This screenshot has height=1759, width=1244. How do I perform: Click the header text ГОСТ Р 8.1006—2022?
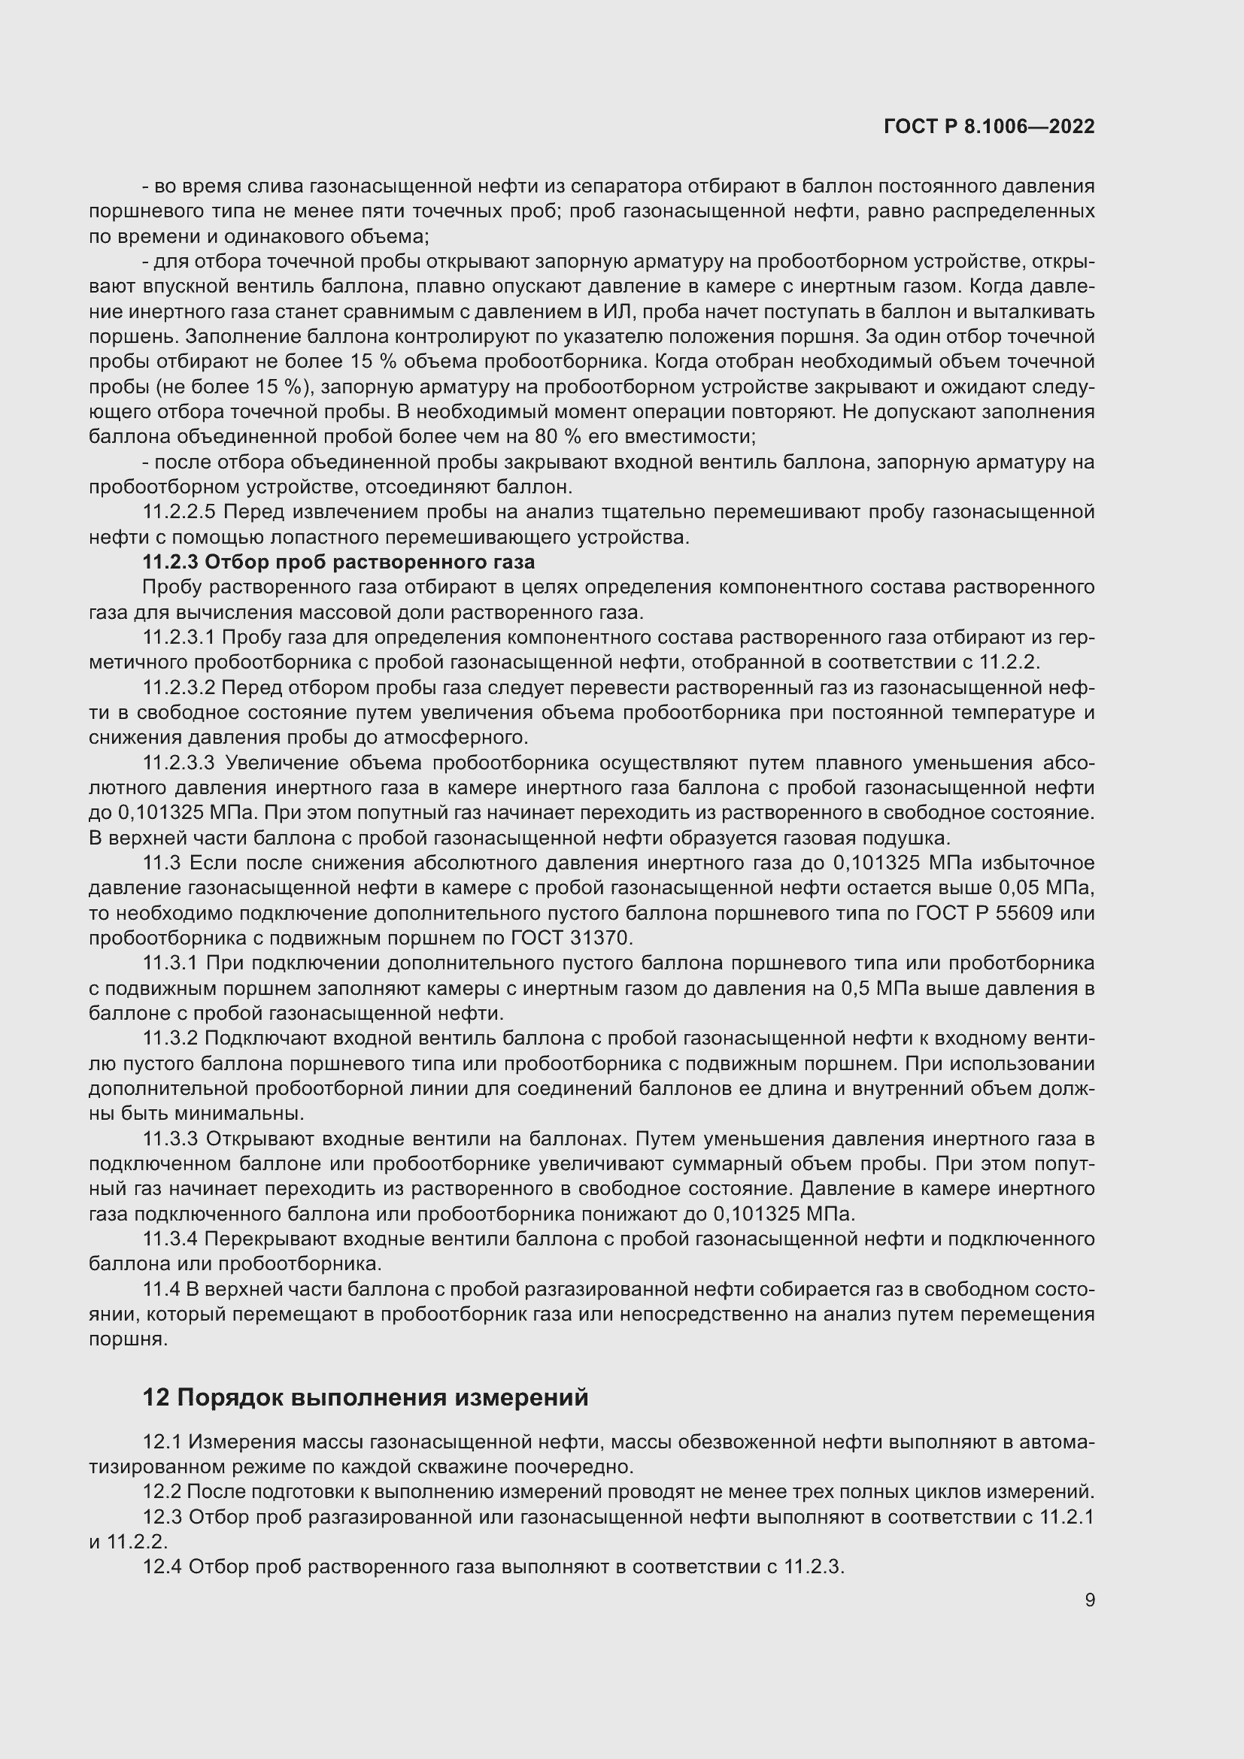click(x=989, y=126)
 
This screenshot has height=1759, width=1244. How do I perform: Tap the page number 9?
click(x=1089, y=1600)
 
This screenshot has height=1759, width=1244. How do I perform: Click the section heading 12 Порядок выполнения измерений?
click(x=366, y=1397)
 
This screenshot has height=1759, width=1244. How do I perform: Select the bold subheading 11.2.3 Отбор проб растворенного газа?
click(x=338, y=562)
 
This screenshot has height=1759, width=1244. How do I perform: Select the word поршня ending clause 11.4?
click(x=127, y=1339)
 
